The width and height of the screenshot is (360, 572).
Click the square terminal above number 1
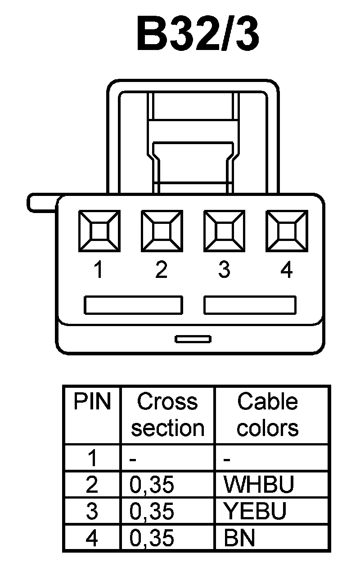click(99, 231)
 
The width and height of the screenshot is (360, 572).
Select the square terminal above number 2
click(162, 231)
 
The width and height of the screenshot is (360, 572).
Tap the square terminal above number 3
click(224, 231)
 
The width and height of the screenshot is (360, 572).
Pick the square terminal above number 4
click(286, 231)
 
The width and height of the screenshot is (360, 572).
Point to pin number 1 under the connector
click(99, 270)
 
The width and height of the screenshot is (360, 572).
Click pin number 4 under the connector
click(286, 270)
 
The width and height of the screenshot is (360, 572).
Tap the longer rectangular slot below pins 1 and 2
click(134, 305)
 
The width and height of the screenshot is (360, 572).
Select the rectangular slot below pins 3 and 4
click(250, 305)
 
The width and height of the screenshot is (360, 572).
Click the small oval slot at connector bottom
click(193, 339)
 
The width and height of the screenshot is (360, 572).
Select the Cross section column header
click(167, 414)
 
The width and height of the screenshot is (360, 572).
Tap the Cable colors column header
click(268, 414)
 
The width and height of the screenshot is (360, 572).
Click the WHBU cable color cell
click(259, 485)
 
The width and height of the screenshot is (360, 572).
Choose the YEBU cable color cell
click(255, 511)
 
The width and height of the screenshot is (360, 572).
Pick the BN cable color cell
click(239, 538)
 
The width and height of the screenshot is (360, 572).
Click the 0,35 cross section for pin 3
click(152, 511)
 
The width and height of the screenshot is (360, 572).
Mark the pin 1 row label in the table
click(92, 459)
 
